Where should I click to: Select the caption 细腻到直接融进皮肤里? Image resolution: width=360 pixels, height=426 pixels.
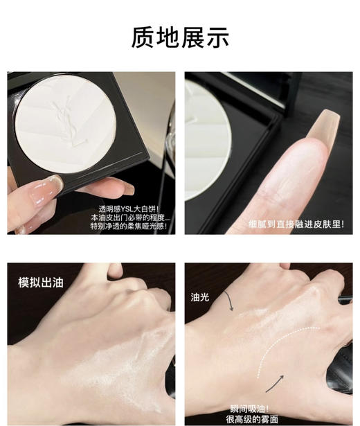point(296,224)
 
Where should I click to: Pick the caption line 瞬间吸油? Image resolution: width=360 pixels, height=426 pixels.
point(249,407)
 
